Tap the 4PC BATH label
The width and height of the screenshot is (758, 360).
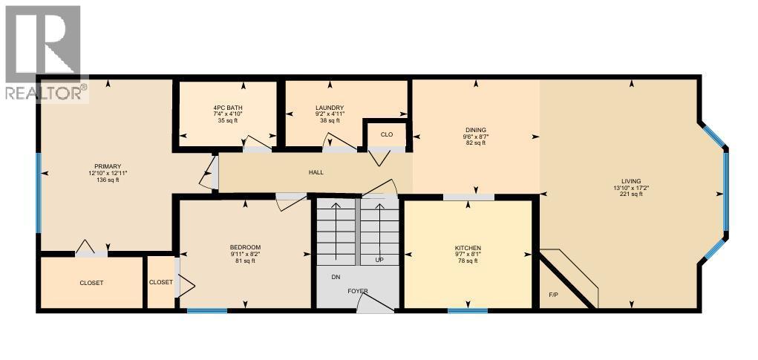pos(227,108)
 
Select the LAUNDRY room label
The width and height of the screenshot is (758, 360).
pos(330,108)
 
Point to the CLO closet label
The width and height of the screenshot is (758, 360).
pos(386,134)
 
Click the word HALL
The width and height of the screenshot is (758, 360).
pos(316,173)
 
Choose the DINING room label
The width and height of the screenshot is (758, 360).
pos(475,130)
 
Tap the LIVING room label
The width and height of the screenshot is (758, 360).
pos(631,181)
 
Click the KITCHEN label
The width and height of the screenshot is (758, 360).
pos(468,247)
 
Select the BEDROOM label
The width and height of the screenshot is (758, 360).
pos(245,247)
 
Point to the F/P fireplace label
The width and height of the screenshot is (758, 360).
pos(553,295)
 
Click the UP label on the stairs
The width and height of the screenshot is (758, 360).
pos(379,261)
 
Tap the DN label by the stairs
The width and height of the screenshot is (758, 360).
pos(336,276)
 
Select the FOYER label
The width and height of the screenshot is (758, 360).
pos(358,291)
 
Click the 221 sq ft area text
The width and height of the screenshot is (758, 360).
pos(631,194)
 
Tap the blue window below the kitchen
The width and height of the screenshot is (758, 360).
pos(462,310)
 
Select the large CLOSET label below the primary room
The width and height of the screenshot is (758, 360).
pos(91,283)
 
